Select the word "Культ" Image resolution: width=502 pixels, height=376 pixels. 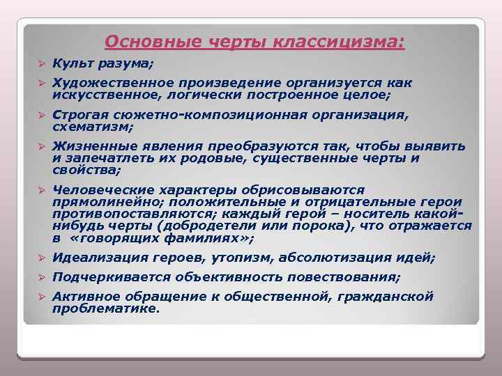click(x=74, y=64)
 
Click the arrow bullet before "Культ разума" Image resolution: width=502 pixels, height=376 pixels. click(x=42, y=64)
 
